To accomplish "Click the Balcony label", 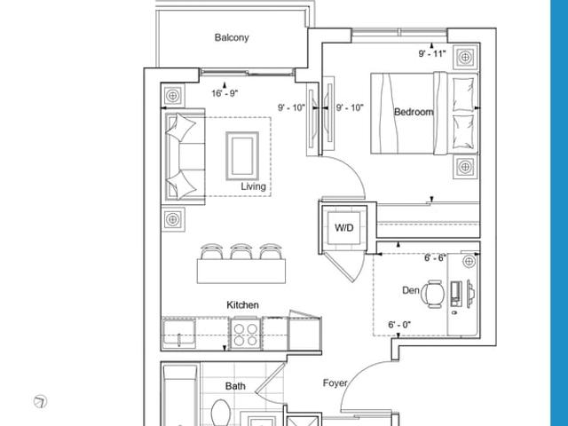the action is coord(232,37).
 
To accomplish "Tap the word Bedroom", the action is coord(414,112).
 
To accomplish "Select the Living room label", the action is coord(253,186).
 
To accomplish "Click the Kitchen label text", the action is coord(242,305).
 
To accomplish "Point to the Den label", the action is coord(410,290).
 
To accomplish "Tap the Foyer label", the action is coord(335,383).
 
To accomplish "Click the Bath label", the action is coord(235,386).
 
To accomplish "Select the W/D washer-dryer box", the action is coord(343,228).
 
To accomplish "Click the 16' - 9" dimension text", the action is coord(225,93).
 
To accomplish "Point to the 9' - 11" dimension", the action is coord(432,53).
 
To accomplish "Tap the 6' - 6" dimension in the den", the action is coord(435,258).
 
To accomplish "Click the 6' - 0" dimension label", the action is coord(399,325).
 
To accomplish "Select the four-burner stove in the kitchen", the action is coord(245,334).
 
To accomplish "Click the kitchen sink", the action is coord(178,334).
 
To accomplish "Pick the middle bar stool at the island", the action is coord(241,251).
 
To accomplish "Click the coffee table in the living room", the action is coord(242,156).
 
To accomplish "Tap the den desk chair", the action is coord(433,294).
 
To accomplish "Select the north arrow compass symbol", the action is coord(40,401).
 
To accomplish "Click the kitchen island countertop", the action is coord(241,271).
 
